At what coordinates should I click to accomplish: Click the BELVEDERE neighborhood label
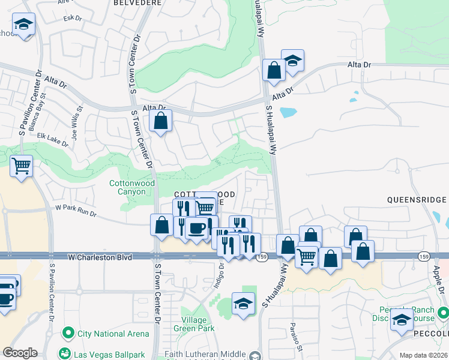pyautogui.click(x=137, y=3)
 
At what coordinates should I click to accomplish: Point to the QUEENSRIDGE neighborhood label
pyautogui.click(x=417, y=199)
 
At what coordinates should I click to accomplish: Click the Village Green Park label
pyautogui.click(x=194, y=324)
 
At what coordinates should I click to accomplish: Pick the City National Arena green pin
pyautogui.click(x=68, y=333)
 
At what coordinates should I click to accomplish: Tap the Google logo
pyautogui.click(x=20, y=353)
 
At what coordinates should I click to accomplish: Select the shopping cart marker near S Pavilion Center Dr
pyautogui.click(x=22, y=166)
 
